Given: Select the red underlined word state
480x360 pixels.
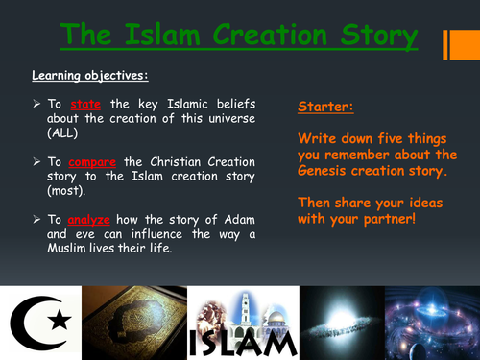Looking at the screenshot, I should point(85,106).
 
